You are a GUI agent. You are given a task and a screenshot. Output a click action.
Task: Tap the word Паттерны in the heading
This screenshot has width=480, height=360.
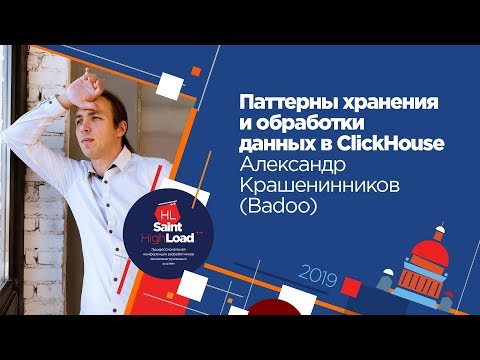281,103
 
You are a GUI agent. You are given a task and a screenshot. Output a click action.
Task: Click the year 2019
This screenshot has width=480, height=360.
318,272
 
